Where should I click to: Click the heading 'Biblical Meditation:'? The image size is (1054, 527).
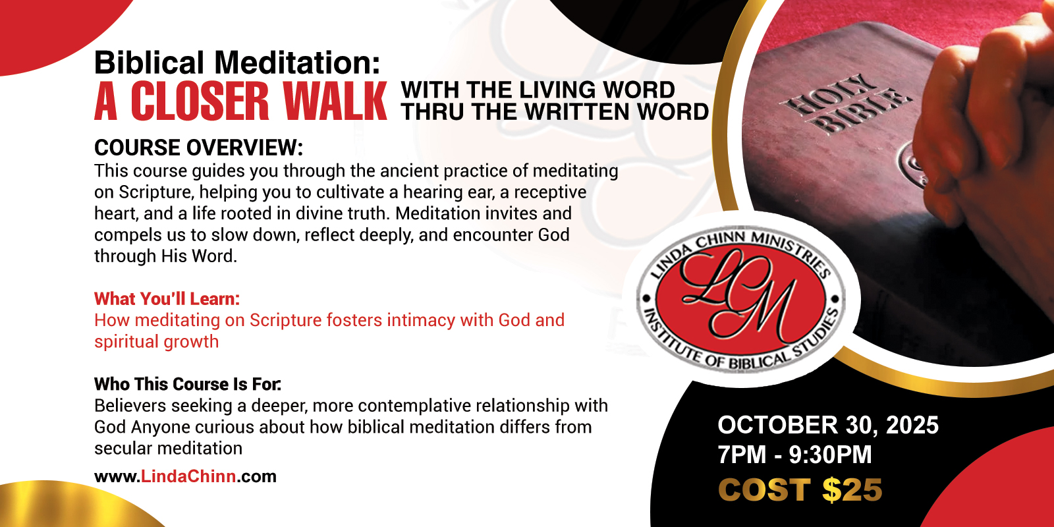click(x=237, y=63)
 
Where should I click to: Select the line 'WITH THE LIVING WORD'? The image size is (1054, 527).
click(x=538, y=90)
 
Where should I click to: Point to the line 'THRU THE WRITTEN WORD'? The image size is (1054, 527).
click(x=555, y=111)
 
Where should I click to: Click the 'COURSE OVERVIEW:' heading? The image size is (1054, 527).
click(x=198, y=148)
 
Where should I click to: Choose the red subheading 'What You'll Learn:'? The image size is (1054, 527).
click(x=167, y=299)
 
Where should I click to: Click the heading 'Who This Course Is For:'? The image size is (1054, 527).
click(x=188, y=384)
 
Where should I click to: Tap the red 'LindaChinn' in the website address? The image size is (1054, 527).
click(x=188, y=476)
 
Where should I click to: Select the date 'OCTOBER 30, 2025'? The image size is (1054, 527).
click(x=828, y=425)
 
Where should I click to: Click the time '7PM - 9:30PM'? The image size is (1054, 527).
click(x=794, y=455)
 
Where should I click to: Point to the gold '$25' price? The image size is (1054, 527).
click(x=852, y=490)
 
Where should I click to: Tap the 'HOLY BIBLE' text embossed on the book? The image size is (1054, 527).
click(x=846, y=105)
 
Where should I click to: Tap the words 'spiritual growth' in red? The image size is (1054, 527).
click(x=157, y=342)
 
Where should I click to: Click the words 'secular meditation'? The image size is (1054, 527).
click(x=168, y=449)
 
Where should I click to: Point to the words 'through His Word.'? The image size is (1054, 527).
click(x=165, y=256)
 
